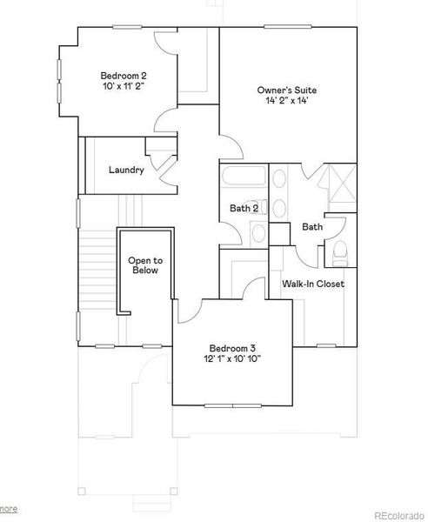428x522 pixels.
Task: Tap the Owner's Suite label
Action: click(x=286, y=90)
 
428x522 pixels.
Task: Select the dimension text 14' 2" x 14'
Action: click(x=286, y=102)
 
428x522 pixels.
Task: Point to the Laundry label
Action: click(x=126, y=170)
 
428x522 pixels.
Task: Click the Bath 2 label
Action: click(x=244, y=208)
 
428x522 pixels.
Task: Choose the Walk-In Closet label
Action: click(x=313, y=284)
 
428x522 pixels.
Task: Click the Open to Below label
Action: click(x=145, y=265)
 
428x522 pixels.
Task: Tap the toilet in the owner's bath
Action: click(x=341, y=253)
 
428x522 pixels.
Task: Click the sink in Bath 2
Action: click(x=258, y=232)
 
